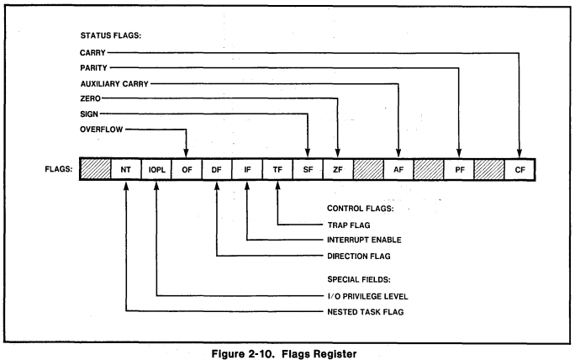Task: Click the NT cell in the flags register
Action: click(x=125, y=169)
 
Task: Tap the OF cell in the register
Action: click(x=186, y=169)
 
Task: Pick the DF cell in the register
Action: click(x=217, y=169)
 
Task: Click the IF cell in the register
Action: click(x=247, y=169)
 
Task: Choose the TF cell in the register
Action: click(x=277, y=169)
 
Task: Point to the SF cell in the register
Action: click(x=308, y=169)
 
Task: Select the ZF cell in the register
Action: click(x=338, y=169)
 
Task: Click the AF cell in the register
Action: click(x=398, y=169)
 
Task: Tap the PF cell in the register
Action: click(x=459, y=169)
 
